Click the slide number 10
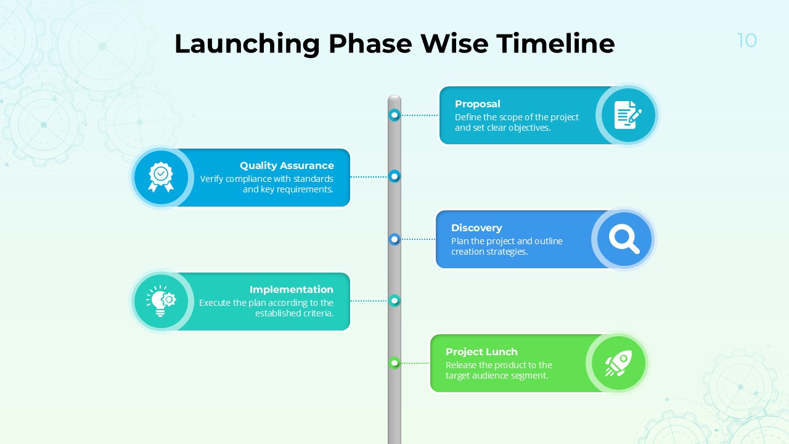[746, 41]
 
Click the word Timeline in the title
[555, 44]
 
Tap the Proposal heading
[477, 104]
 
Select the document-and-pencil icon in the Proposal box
[628, 115]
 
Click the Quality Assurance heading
[287, 165]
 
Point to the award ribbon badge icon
[161, 178]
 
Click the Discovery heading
[476, 228]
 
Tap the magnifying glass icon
[624, 239]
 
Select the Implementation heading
[291, 289]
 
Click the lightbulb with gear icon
[161, 301]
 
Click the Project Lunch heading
[481, 351]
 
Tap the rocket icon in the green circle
[618, 363]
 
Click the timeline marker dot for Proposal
[394, 115]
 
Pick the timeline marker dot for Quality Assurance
[394, 176]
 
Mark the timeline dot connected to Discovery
[394, 239]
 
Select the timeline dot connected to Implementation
[394, 300]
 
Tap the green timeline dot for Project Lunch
[394, 363]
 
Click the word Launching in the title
[247, 44]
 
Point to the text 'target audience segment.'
[497, 376]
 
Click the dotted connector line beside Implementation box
[369, 301]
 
